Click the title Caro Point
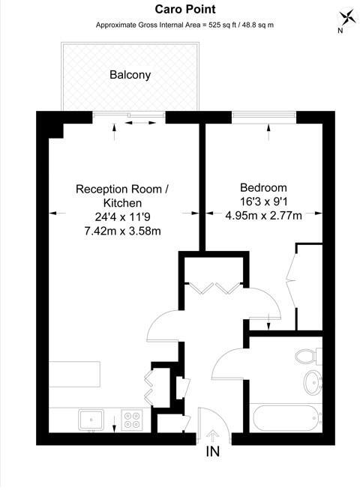184,10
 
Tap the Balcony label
130,75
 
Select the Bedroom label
263,188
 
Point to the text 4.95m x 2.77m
263,217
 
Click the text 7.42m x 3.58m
122,231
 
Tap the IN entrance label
214,453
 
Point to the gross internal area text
184,25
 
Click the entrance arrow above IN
214,435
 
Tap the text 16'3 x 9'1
263,202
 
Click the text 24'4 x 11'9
122,217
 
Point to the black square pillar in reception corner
52,128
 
